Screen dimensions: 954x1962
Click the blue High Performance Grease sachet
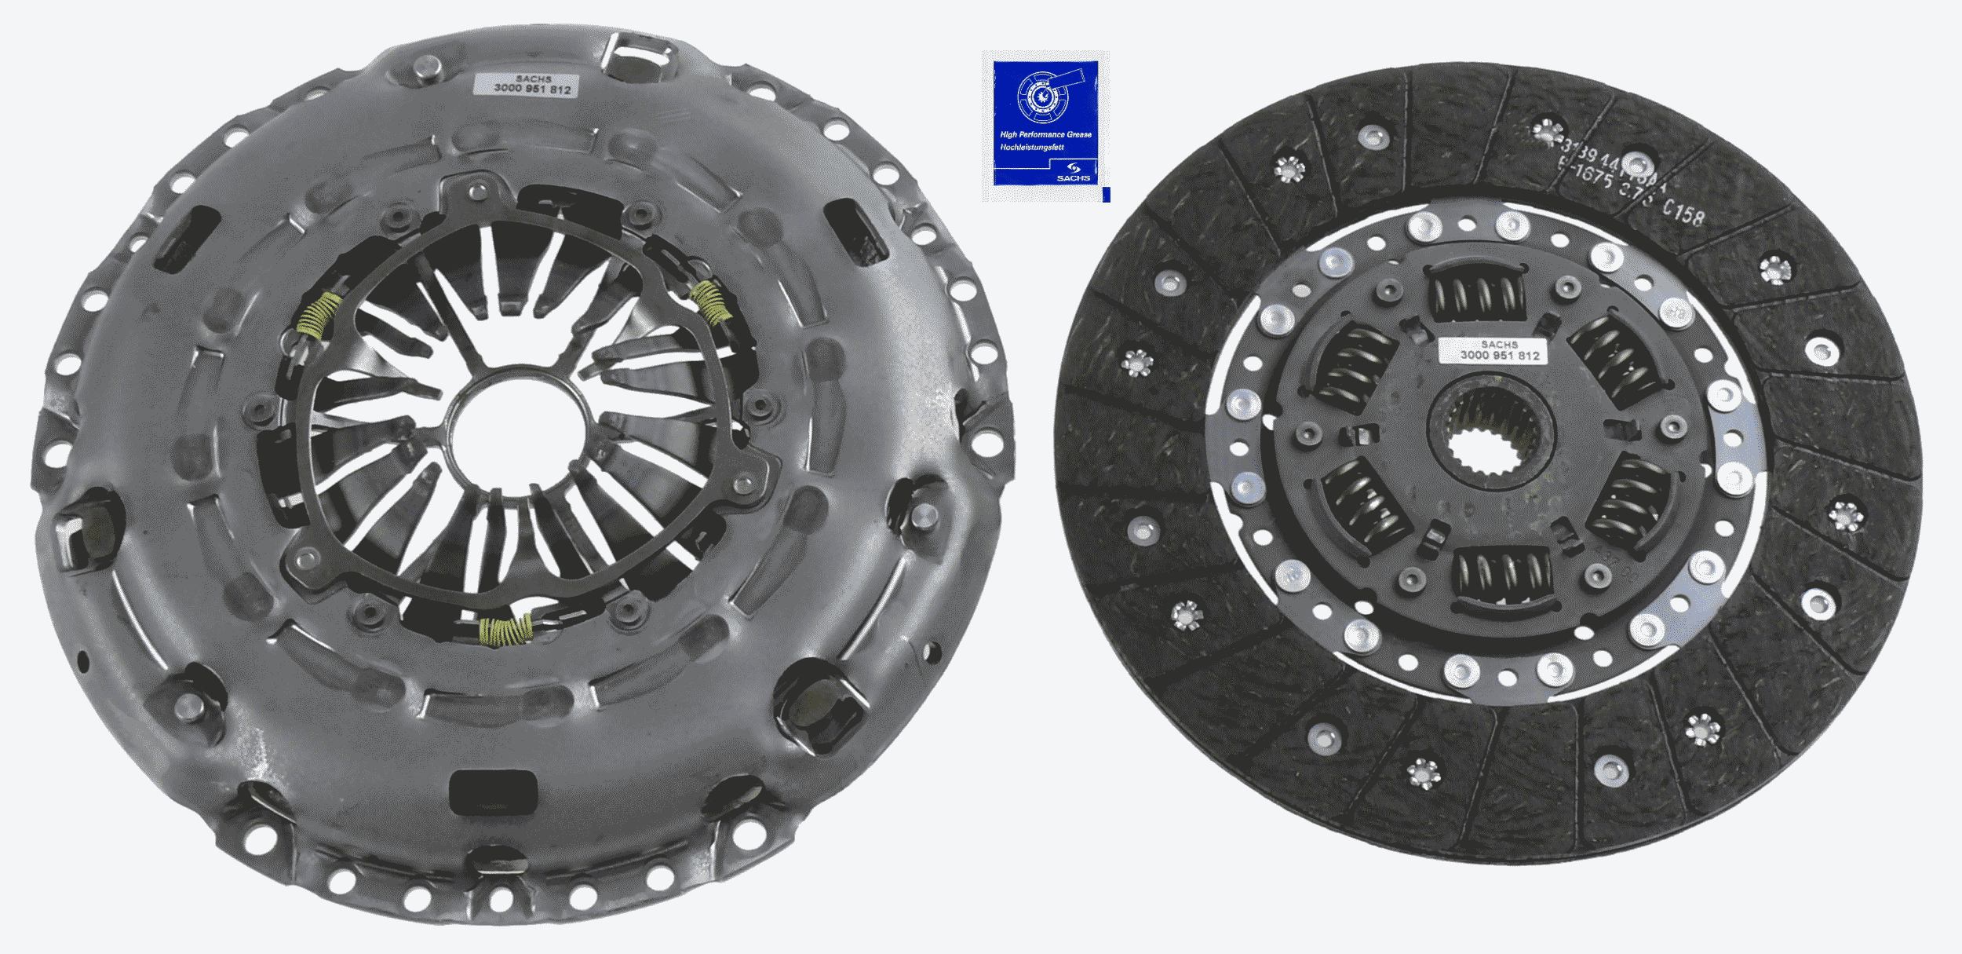1045,126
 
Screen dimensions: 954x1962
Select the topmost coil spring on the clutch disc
1479,294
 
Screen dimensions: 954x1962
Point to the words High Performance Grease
1045,135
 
